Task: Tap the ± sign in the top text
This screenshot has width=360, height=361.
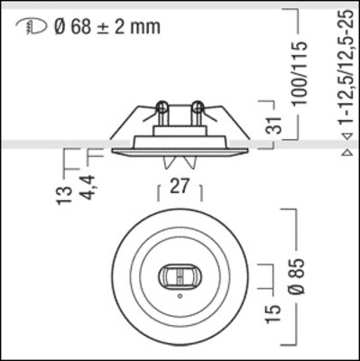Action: (104, 26)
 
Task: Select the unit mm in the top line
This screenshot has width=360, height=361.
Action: (144, 26)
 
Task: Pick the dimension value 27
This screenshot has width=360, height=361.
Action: (180, 190)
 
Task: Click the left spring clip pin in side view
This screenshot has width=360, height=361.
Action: (162, 113)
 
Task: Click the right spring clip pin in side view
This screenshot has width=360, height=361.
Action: (196, 113)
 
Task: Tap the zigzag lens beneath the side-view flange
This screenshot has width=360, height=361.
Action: (180, 163)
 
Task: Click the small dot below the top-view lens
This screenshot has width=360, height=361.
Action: (180, 295)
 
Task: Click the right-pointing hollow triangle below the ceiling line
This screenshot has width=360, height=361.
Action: (348, 153)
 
